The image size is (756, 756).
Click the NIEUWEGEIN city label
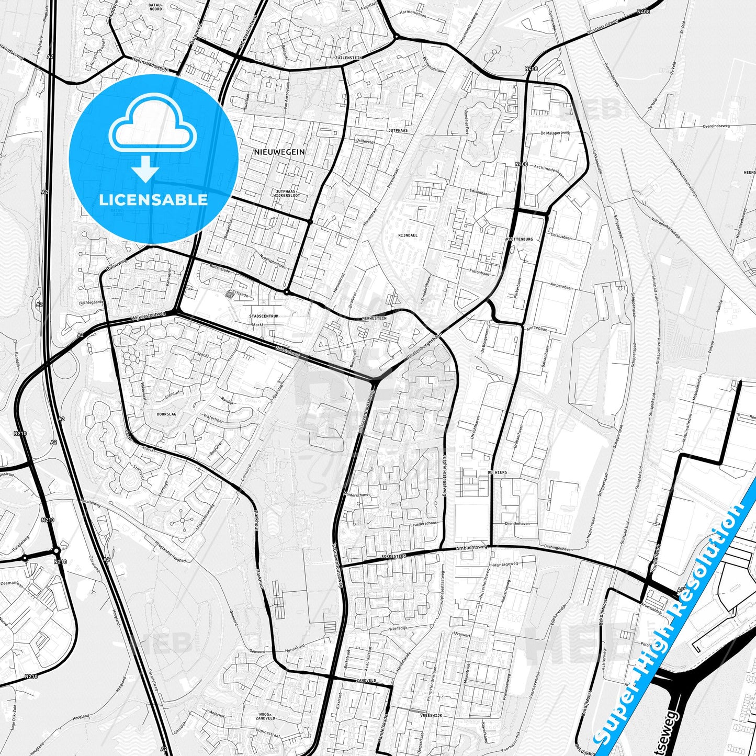pyautogui.click(x=279, y=152)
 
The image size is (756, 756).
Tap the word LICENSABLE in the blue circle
pyautogui.click(x=153, y=199)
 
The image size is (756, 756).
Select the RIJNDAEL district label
pyautogui.click(x=408, y=235)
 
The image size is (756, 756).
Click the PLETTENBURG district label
pyautogui.click(x=519, y=239)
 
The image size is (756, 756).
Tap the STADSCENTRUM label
pyautogui.click(x=264, y=316)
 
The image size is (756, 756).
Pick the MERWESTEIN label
pyautogui.click(x=374, y=318)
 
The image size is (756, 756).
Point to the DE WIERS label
pyautogui.click(x=497, y=472)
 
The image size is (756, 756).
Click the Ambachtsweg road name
pyautogui.click(x=471, y=547)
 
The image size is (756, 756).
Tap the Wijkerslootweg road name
pyautogui.click(x=149, y=316)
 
